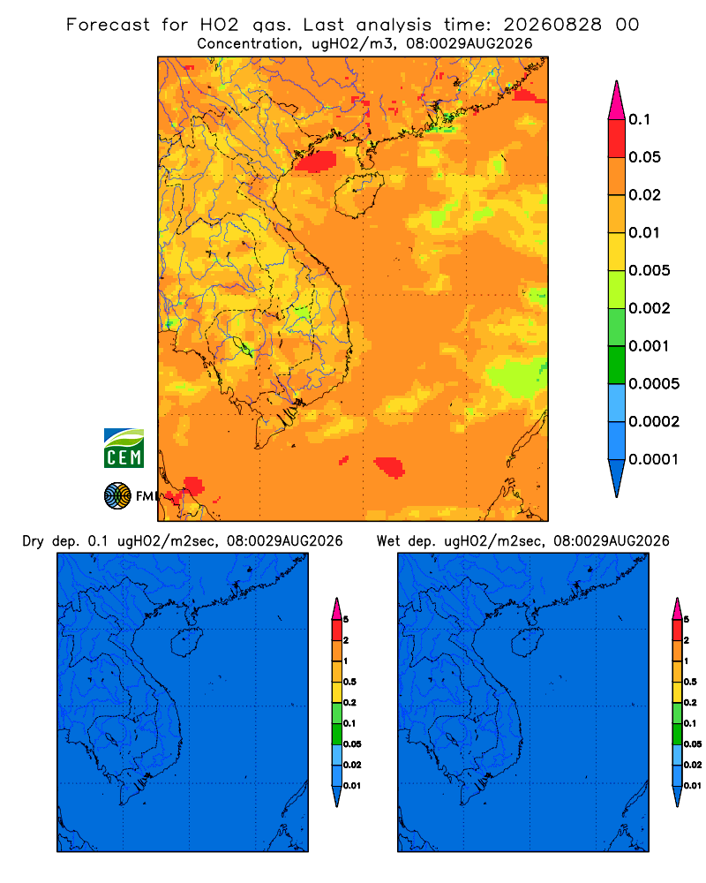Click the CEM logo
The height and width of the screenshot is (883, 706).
(x=124, y=449)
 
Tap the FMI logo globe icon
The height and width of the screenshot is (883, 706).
(x=117, y=496)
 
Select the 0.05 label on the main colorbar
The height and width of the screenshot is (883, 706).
(x=644, y=157)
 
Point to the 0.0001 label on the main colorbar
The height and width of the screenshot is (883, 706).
(x=654, y=459)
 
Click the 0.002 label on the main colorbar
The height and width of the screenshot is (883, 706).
(x=650, y=308)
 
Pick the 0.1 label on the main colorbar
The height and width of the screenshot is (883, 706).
(x=640, y=119)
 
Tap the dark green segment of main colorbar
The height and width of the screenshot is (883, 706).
(x=617, y=365)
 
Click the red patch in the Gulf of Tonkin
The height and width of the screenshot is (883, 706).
(x=316, y=161)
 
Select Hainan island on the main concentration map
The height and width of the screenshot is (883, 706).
(x=358, y=195)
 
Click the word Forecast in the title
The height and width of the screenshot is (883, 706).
(x=108, y=25)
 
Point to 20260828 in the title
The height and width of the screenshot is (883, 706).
(x=552, y=25)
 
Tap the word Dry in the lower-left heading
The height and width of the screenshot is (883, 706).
(x=34, y=541)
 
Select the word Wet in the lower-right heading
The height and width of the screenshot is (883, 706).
(x=388, y=541)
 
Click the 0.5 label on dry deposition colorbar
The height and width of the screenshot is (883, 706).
(x=349, y=682)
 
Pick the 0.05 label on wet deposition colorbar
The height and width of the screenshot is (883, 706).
(x=693, y=743)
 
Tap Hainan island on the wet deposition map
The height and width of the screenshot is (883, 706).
(x=526, y=643)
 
